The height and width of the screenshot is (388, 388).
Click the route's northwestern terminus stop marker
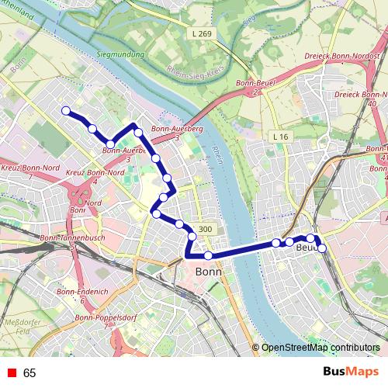pyautogui.click(x=66, y=110)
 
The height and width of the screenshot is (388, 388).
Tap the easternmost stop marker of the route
pyautogui.click(x=322, y=248)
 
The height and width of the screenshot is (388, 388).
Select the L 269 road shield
pyautogui.click(x=200, y=34)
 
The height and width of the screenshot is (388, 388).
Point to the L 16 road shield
pyautogui.click(x=280, y=137)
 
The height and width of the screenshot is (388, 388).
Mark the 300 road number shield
pyautogui.click(x=205, y=229)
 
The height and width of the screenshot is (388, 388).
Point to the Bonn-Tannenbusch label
pyautogui.click(x=71, y=237)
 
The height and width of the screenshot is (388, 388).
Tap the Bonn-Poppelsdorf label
pyautogui.click(x=106, y=319)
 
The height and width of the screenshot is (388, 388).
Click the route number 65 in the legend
pyautogui.click(x=29, y=373)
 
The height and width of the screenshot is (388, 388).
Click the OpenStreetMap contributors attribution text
pyautogui.click(x=320, y=348)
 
